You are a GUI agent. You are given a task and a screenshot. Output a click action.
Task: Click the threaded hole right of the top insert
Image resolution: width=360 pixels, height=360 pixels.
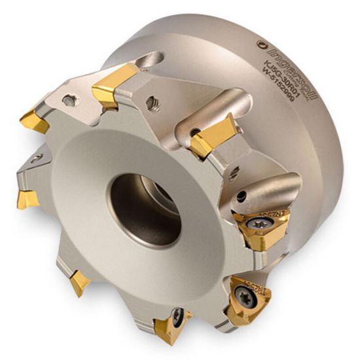[x=154, y=101]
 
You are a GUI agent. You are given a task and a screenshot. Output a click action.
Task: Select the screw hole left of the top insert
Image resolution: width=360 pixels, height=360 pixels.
[x=69, y=101]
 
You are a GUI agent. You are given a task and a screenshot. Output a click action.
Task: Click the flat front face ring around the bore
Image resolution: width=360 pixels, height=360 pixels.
[x=98, y=216]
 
